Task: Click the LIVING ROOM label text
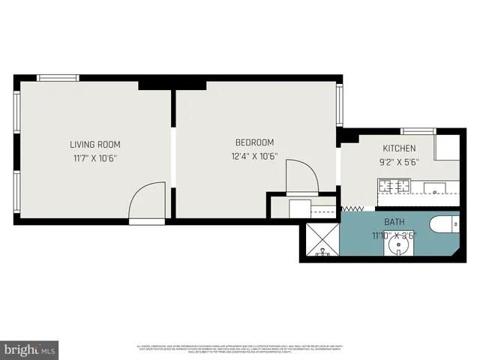(95, 145)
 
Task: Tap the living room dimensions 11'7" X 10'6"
(95, 158)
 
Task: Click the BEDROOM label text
(254, 142)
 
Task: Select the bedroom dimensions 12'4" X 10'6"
(254, 157)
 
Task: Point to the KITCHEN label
(399, 148)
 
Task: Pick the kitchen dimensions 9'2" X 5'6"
(399, 161)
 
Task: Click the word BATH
(394, 222)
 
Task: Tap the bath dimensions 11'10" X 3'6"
(394, 234)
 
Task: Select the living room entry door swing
(146, 203)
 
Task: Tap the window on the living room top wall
(58, 77)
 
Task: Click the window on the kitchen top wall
(418, 131)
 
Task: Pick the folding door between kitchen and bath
(352, 208)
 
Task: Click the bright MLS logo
(30, 349)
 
